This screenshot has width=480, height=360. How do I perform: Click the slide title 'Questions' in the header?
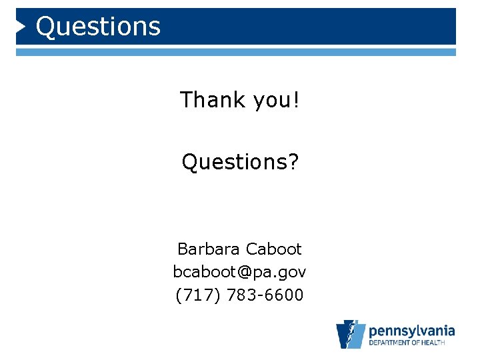coord(98,27)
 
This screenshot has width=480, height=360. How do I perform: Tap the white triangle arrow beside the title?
coord(21,27)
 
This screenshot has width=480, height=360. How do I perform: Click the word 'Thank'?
coord(213,100)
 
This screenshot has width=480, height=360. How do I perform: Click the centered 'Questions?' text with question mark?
coord(241,161)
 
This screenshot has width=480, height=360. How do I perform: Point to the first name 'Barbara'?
coord(209,249)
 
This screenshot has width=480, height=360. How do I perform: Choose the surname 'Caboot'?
coord(273,249)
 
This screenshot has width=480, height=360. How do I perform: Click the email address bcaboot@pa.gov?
coord(240,272)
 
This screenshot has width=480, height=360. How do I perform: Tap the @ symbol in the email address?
coord(249,272)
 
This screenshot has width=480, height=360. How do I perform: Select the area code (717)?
coord(198,295)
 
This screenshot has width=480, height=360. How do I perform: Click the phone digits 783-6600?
coord(265,295)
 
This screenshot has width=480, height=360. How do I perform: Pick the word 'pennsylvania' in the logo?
coord(411,330)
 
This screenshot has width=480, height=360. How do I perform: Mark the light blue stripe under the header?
coord(236,51)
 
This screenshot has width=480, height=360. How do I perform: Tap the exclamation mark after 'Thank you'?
coord(295,100)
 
